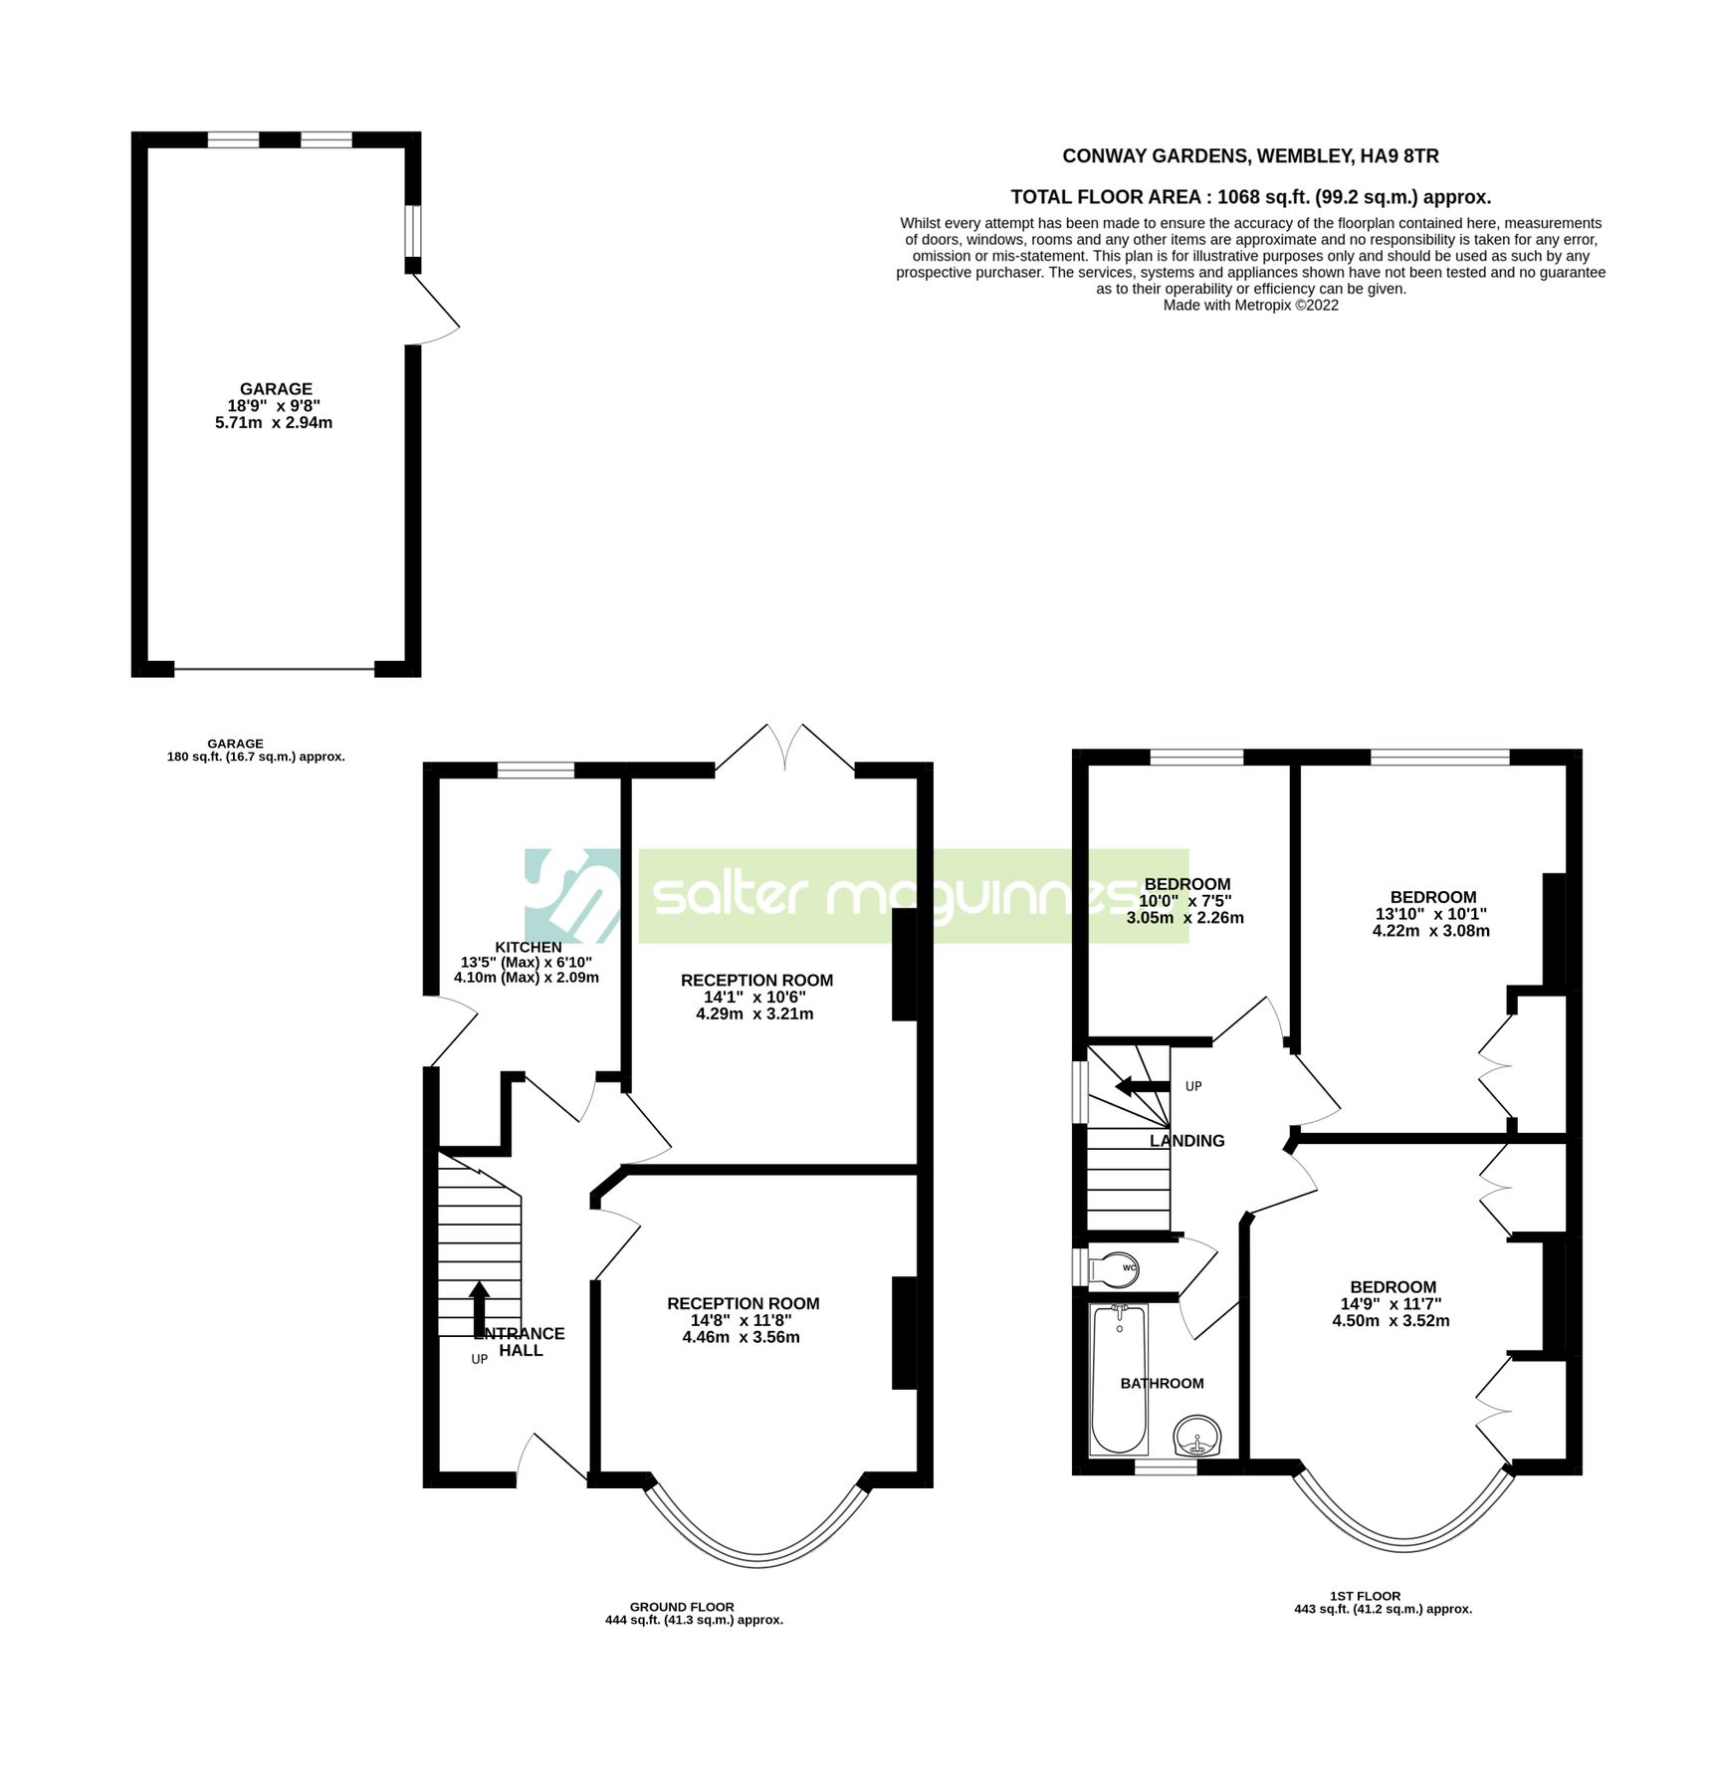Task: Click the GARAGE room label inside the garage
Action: (x=276, y=389)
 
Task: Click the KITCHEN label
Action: (x=529, y=947)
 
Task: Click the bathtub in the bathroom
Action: (x=1119, y=1380)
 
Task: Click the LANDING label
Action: (x=1186, y=1141)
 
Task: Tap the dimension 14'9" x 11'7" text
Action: (x=1391, y=1304)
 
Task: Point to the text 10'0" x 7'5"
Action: (x=1184, y=901)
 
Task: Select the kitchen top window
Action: (x=536, y=770)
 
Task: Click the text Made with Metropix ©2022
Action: (x=1250, y=306)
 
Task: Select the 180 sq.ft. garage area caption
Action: (x=256, y=757)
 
